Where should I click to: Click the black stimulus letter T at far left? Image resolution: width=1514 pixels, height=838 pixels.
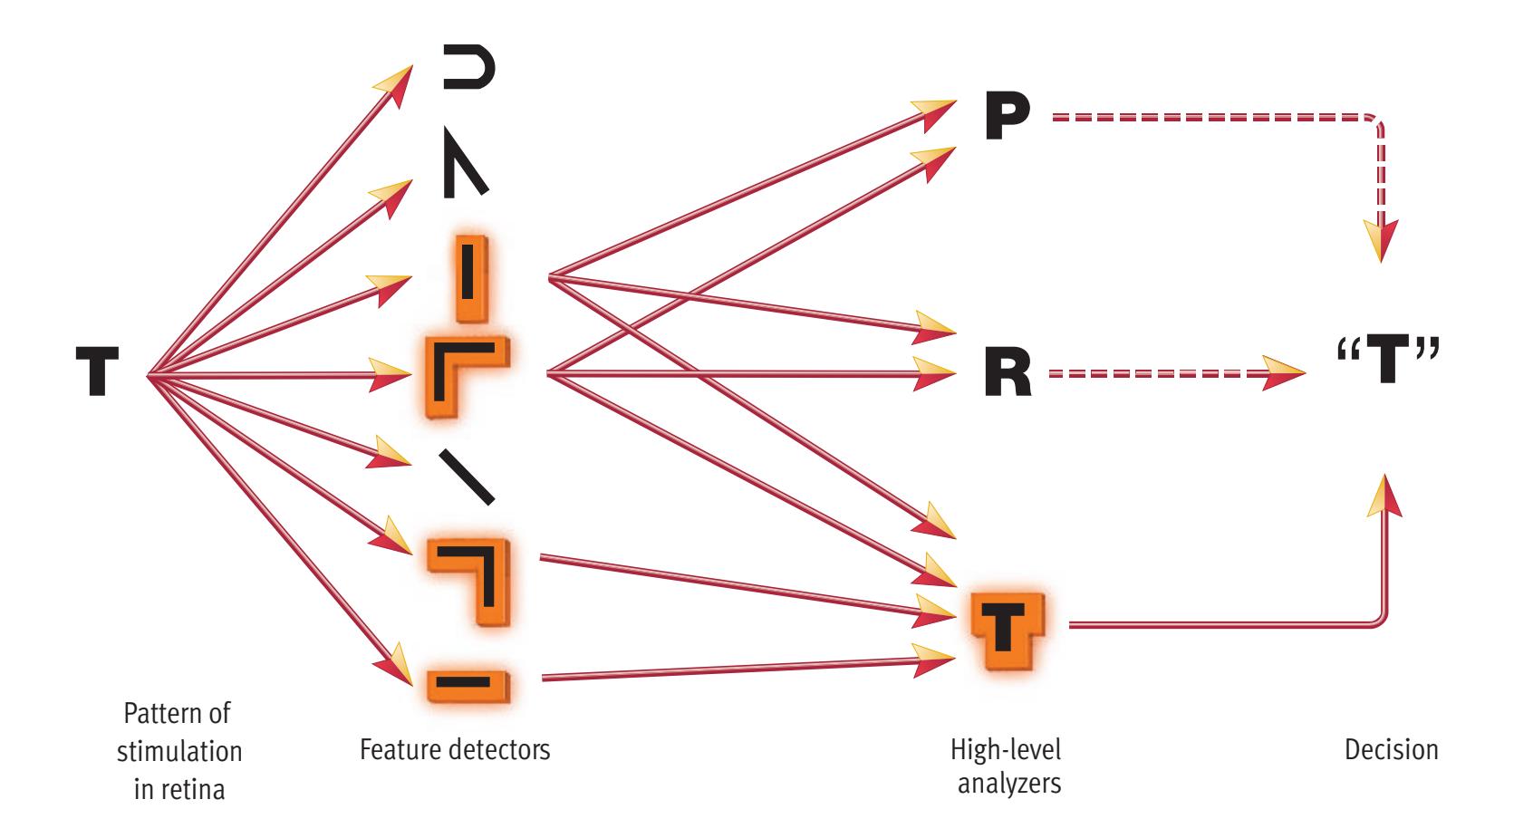(97, 373)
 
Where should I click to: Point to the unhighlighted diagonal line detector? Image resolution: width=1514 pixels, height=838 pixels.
(467, 476)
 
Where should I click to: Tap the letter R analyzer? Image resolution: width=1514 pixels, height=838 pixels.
(1008, 373)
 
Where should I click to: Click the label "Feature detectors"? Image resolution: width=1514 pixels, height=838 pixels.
(455, 750)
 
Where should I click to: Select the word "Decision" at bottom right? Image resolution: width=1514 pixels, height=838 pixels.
(1393, 750)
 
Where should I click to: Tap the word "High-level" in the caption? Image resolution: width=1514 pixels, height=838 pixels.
(1005, 750)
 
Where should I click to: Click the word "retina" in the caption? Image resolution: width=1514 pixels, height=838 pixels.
(193, 790)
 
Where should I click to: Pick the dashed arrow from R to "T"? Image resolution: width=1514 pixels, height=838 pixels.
(1169, 372)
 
